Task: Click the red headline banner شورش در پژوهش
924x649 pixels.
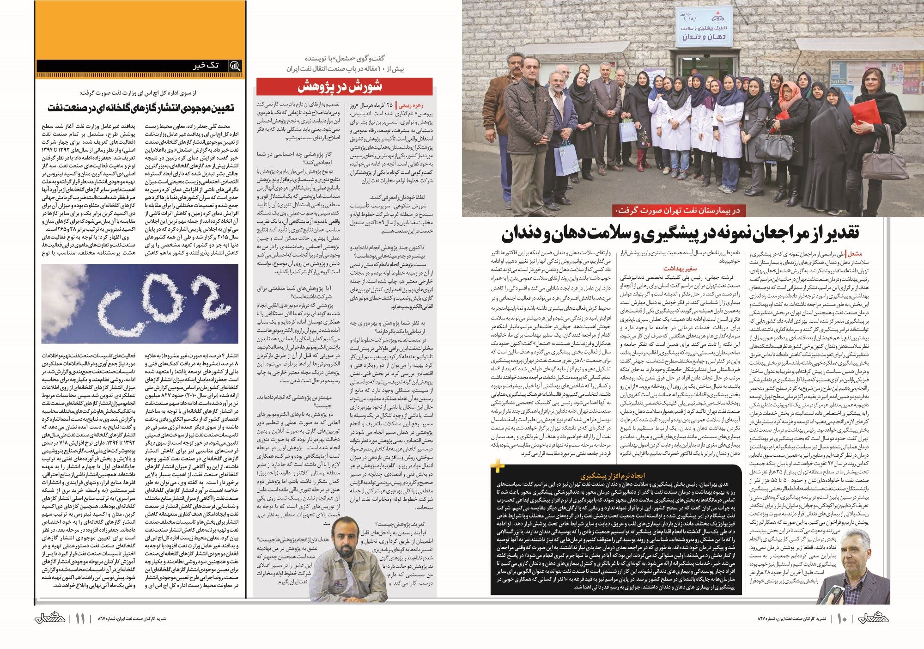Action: point(344,87)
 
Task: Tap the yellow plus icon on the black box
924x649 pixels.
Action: point(497,466)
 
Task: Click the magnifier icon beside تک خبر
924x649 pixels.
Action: point(235,66)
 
